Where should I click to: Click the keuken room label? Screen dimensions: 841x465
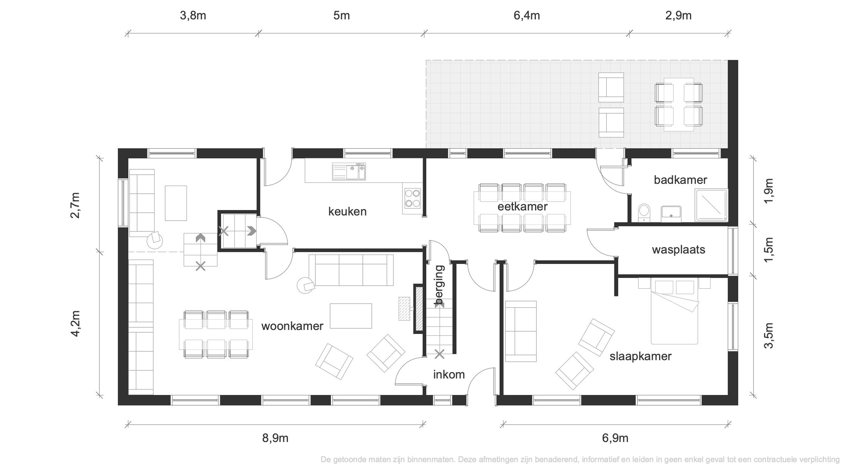tap(347, 212)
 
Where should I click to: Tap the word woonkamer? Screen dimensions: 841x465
tap(292, 326)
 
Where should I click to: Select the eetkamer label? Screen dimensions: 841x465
tap(523, 207)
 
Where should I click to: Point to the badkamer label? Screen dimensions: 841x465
tap(680, 180)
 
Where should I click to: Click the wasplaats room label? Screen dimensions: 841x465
tap(679, 249)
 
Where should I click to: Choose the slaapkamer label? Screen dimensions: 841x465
tap(640, 356)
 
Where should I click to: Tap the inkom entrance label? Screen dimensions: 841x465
tap(449, 374)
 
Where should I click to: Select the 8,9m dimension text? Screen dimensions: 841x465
tap(275, 438)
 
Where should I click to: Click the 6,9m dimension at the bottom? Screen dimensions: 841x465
tap(615, 438)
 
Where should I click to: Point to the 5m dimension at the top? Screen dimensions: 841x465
tap(341, 16)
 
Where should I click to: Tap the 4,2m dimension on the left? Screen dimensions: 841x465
tap(76, 323)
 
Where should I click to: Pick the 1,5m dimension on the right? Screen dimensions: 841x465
tap(769, 249)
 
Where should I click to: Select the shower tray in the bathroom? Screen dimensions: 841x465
tap(711, 205)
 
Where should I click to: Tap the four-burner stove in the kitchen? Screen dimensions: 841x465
tap(412, 198)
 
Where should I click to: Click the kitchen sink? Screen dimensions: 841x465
tap(349, 172)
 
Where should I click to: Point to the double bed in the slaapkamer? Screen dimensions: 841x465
tap(674, 311)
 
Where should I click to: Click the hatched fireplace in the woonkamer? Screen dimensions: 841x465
tap(419, 309)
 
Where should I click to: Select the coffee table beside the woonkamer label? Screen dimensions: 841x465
tap(351, 316)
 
